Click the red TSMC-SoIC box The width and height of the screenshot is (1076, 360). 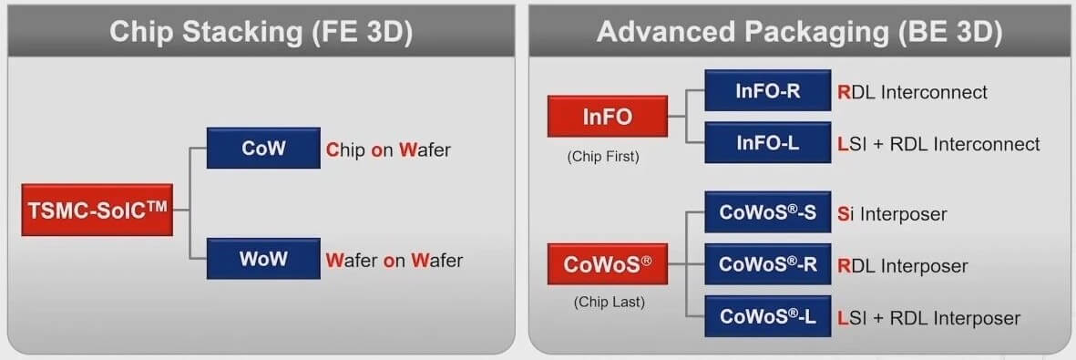pyautogui.click(x=97, y=209)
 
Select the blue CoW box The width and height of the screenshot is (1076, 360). pyautogui.click(x=263, y=148)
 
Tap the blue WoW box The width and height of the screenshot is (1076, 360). pyautogui.click(x=263, y=258)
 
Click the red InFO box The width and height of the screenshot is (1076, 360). pyautogui.click(x=607, y=117)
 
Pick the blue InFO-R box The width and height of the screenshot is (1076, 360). pyautogui.click(x=767, y=91)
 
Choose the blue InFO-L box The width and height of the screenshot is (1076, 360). pyautogui.click(x=767, y=142)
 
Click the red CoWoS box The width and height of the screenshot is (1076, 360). pyautogui.click(x=608, y=265)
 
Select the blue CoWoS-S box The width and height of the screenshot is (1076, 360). pyautogui.click(x=767, y=213)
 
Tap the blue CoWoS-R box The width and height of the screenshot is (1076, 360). pyautogui.click(x=767, y=264)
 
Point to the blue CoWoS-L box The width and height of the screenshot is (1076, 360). pyautogui.click(x=767, y=316)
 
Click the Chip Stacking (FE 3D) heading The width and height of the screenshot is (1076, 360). pyautogui.click(x=261, y=32)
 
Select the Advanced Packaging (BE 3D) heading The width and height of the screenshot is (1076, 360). pyautogui.click(x=799, y=32)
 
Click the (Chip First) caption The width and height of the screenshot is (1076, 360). pyautogui.click(x=603, y=156)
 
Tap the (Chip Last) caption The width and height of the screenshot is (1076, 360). pyautogui.click(x=609, y=302)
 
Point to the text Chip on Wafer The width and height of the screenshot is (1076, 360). pyautogui.click(x=388, y=149)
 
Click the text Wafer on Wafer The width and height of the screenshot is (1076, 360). pyautogui.click(x=394, y=261)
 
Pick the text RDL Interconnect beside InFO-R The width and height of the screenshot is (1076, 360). pyautogui.click(x=911, y=92)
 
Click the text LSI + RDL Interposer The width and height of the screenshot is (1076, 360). pyautogui.click(x=927, y=318)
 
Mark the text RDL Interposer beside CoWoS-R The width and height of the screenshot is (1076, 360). pyautogui.click(x=901, y=266)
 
